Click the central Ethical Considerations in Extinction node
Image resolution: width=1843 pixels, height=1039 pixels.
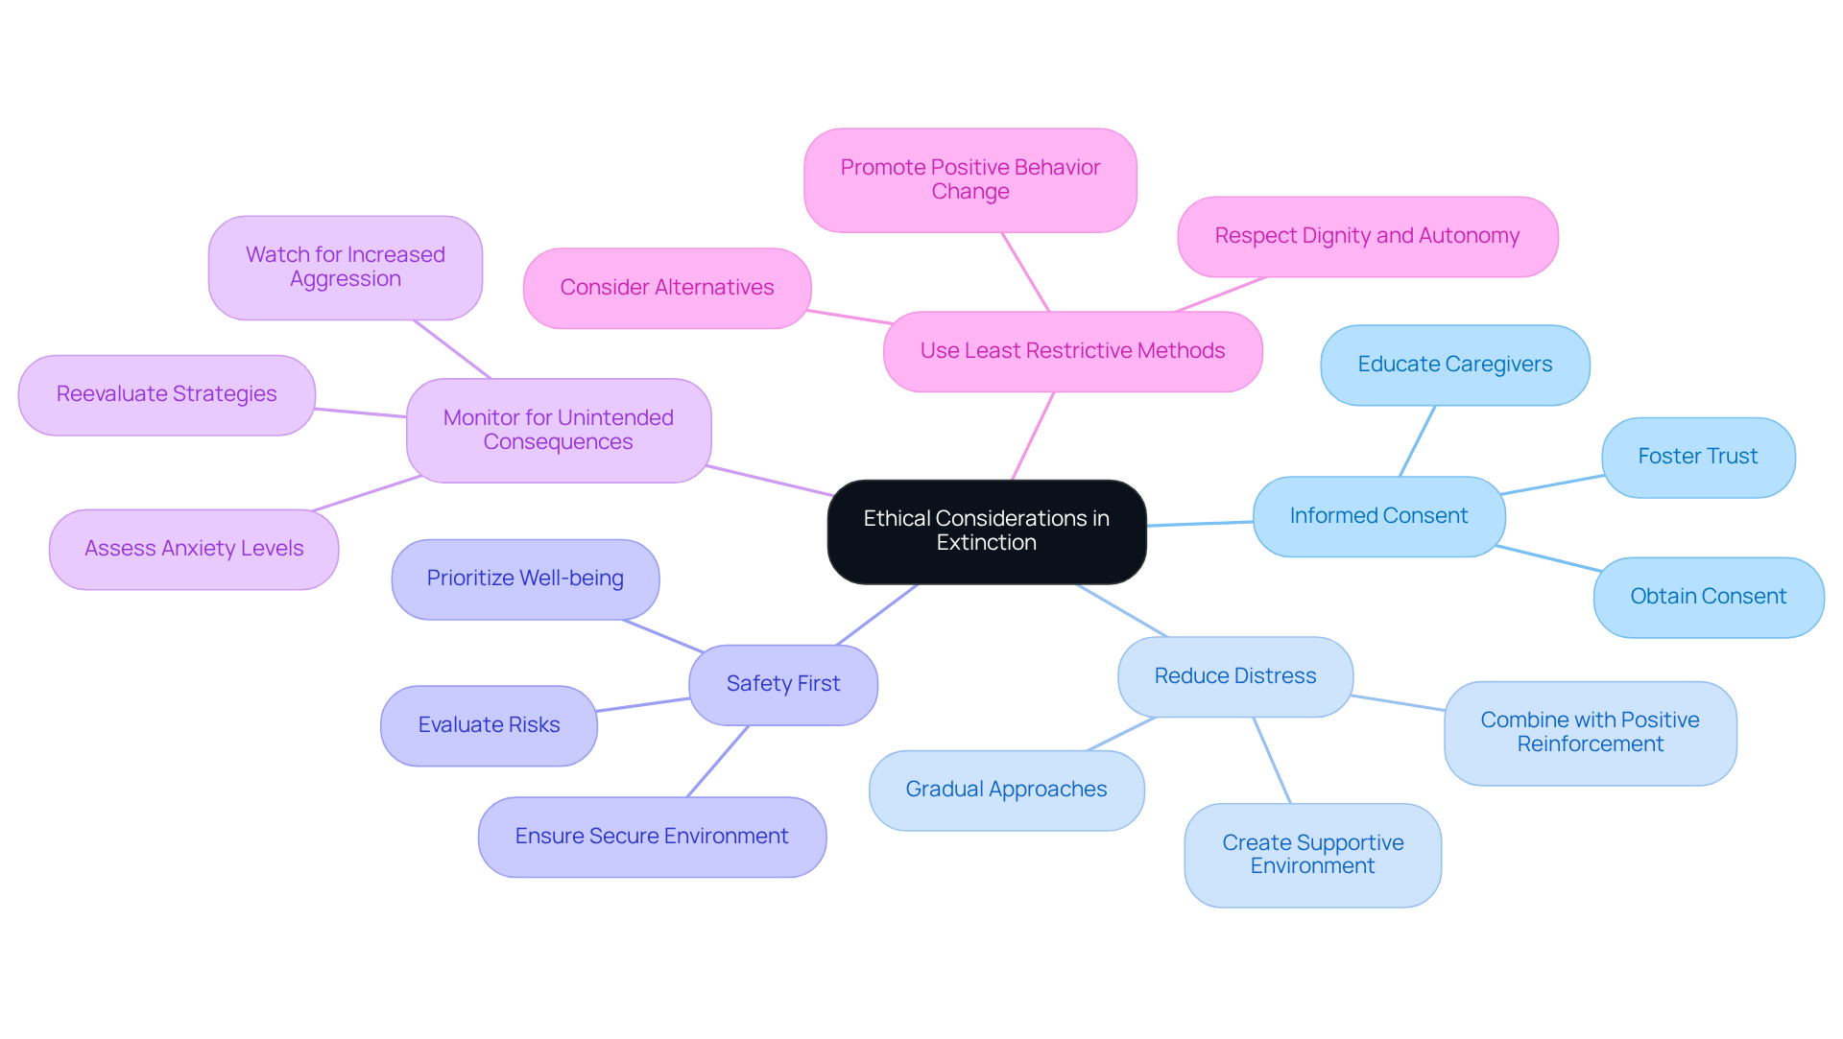(x=986, y=531)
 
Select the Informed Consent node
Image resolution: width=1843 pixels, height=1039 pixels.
(x=1378, y=516)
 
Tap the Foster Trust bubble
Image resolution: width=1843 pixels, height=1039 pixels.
(x=1697, y=457)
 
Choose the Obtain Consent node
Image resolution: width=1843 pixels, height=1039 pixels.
(x=1708, y=597)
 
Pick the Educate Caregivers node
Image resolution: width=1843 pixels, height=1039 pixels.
(x=1454, y=365)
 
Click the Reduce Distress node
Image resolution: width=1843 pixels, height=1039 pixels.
(x=1234, y=676)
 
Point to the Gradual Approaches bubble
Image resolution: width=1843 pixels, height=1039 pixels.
(x=1006, y=790)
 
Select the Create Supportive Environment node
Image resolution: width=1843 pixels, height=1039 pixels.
(x=1312, y=855)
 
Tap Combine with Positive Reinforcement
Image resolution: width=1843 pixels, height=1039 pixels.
(x=1590, y=733)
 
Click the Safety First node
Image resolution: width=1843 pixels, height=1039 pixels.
(x=782, y=684)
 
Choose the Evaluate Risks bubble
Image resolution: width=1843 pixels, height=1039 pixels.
(x=489, y=725)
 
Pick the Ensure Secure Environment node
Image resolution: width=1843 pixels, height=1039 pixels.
(x=652, y=837)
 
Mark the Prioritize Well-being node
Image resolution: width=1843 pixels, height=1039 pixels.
(x=525, y=579)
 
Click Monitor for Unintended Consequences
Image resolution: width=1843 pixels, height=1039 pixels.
(x=558, y=430)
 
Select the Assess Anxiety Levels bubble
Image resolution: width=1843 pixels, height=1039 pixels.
(x=194, y=549)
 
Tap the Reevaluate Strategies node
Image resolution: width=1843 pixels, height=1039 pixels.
(x=166, y=394)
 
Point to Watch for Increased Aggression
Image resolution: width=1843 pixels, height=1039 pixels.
(x=345, y=267)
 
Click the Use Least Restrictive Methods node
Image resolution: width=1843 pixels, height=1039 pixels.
(x=1072, y=351)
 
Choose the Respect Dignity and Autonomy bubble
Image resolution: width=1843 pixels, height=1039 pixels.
(x=1367, y=236)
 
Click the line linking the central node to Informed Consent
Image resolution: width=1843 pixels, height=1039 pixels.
(x=1200, y=524)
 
